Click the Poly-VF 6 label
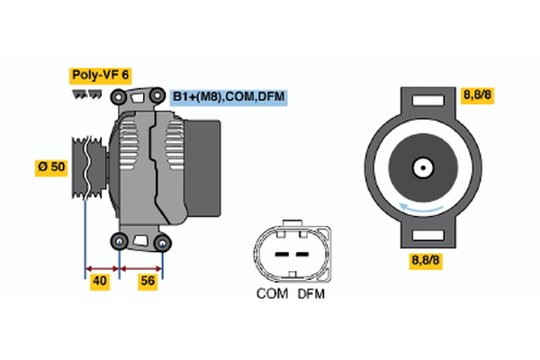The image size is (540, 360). [x=100, y=76]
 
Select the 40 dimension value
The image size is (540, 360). [x=101, y=282]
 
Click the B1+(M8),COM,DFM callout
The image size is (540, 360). [x=229, y=96]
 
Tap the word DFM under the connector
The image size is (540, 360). [x=310, y=294]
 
